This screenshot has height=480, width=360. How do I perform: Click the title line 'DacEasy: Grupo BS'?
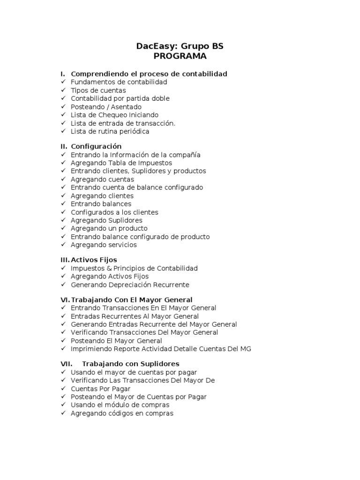[x=180, y=46]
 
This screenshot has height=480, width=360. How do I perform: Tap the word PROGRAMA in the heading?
[x=180, y=56]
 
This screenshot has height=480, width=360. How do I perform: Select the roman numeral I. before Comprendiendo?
[x=63, y=74]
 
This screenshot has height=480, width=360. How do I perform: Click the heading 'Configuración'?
[x=96, y=146]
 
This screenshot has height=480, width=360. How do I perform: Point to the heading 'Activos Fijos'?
[x=94, y=260]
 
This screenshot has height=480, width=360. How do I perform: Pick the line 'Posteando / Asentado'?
[x=106, y=107]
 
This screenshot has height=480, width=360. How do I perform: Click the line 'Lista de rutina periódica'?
[x=110, y=131]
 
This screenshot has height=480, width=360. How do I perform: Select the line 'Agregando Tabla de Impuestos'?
[x=121, y=163]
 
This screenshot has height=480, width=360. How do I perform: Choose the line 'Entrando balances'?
[x=101, y=204]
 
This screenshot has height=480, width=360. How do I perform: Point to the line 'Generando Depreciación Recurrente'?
[x=130, y=285]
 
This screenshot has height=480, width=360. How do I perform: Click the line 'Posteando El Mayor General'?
[x=116, y=341]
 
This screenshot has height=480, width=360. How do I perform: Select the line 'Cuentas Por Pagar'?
[x=100, y=389]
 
